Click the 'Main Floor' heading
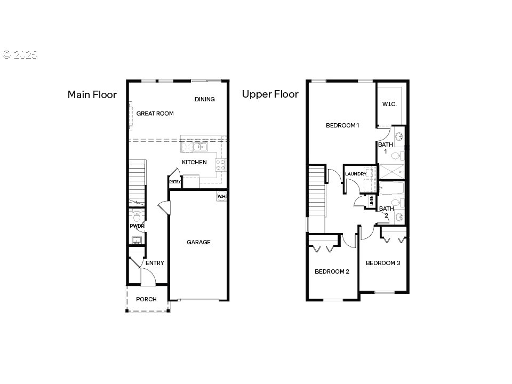(x=92, y=95)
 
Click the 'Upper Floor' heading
(x=270, y=94)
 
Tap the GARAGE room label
(x=198, y=242)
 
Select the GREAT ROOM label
(x=155, y=114)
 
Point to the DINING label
(x=204, y=99)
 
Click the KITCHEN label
(x=194, y=162)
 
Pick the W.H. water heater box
(x=222, y=197)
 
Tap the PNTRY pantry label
(x=175, y=182)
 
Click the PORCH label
(x=146, y=299)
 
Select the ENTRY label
(x=155, y=263)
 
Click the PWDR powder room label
(x=137, y=226)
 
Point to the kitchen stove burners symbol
(x=221, y=164)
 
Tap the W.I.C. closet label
(x=389, y=104)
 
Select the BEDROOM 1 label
(x=342, y=125)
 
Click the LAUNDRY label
(x=356, y=174)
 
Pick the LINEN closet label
(x=371, y=201)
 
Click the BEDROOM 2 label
(x=332, y=271)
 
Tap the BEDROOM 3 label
(x=383, y=263)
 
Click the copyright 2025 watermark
(x=19, y=54)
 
